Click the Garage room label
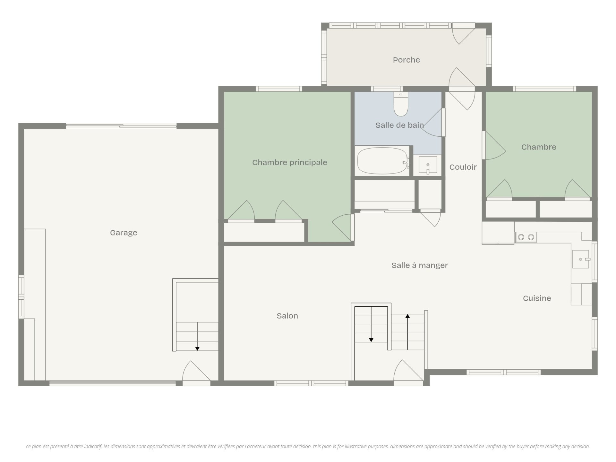click(124, 233)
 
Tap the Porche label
click(406, 60)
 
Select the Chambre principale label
click(290, 163)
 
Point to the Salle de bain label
click(400, 125)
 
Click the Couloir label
click(463, 167)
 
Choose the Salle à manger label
click(420, 265)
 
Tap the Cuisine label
click(537, 298)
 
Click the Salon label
click(287, 316)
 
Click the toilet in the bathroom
click(401, 104)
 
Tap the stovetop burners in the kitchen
click(526, 237)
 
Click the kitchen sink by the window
click(581, 259)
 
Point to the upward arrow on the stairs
click(407, 332)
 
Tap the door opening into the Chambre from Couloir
click(494, 146)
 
